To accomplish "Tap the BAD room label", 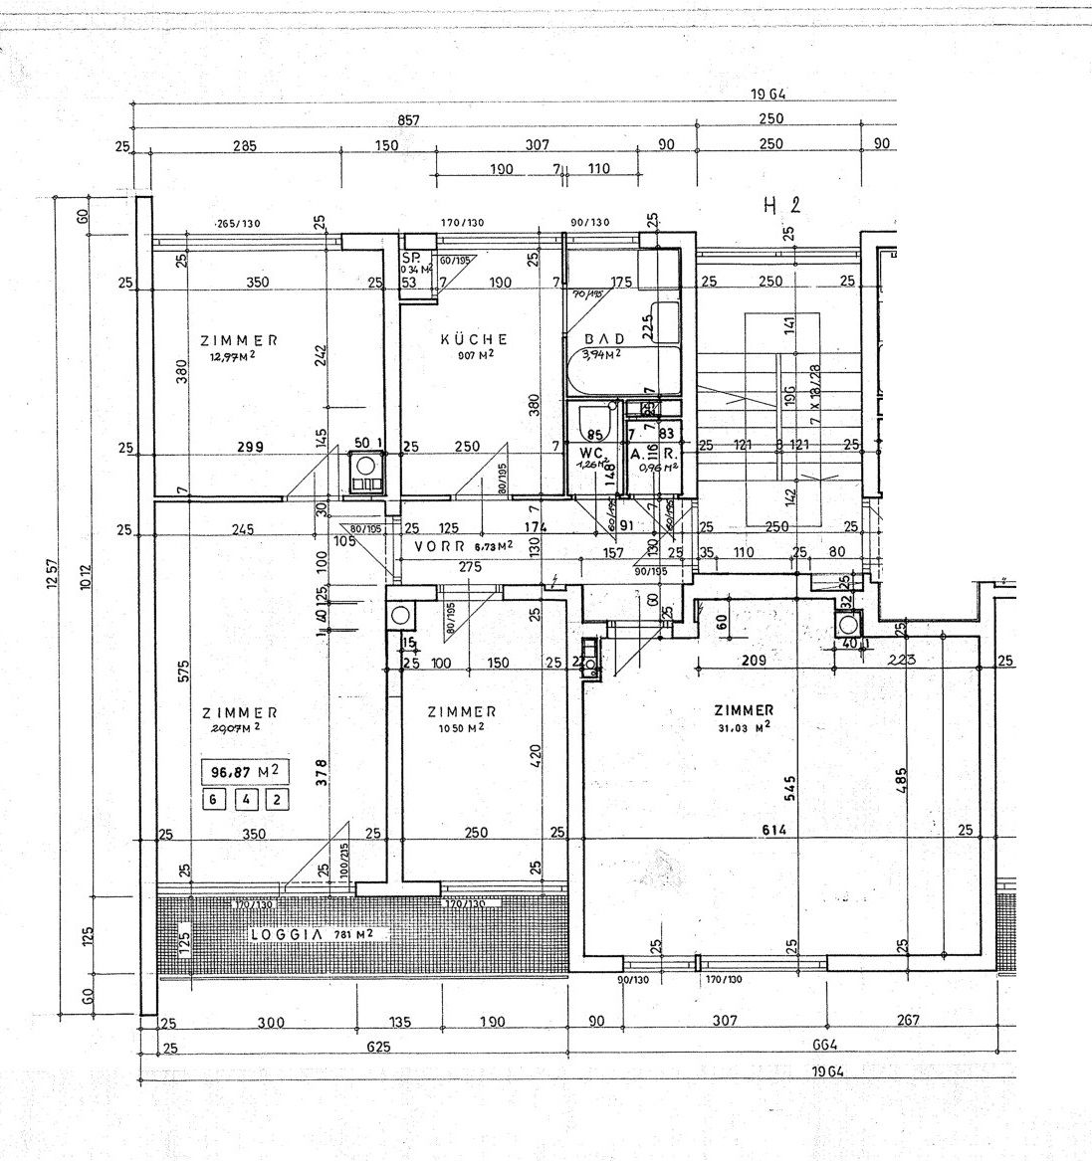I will [x=604, y=339].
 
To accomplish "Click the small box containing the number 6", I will [x=210, y=799].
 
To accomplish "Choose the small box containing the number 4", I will [x=244, y=799].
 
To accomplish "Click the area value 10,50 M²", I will [x=461, y=727].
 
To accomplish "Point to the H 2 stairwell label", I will [x=781, y=207].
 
